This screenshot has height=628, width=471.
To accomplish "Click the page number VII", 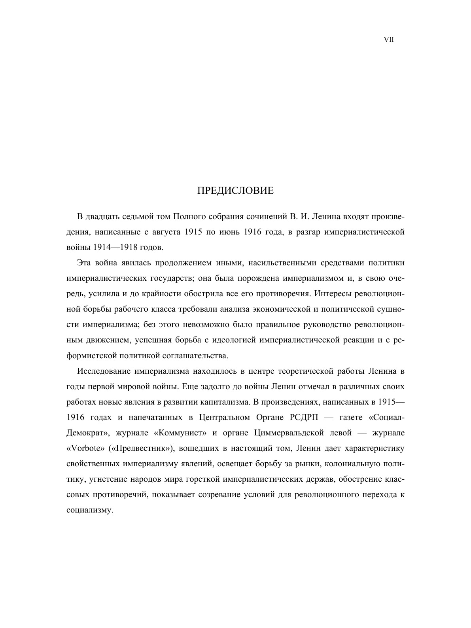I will [389, 40].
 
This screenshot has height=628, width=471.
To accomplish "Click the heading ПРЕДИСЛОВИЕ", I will [235, 191].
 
